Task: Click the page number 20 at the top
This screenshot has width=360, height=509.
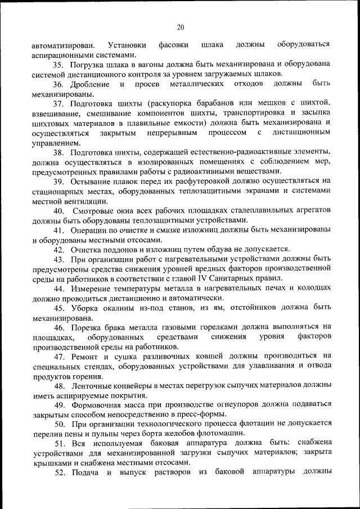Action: click(180, 26)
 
